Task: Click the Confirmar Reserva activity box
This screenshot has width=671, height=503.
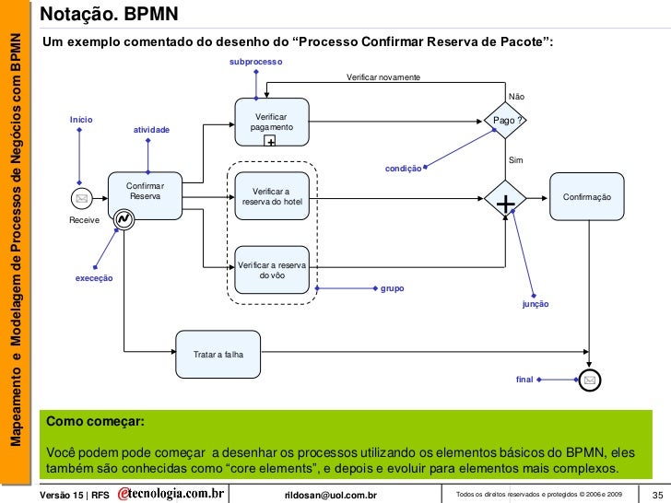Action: point(144,193)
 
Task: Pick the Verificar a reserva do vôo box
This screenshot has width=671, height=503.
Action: point(272,270)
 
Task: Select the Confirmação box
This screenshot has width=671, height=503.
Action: point(587,197)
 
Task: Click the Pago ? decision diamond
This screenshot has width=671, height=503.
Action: point(505,121)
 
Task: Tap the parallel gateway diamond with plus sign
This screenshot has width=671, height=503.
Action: point(505,198)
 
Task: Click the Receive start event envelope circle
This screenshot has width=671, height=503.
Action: point(81,198)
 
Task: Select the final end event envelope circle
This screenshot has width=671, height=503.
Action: point(588,379)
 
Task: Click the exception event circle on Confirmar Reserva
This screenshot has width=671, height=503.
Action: point(121,219)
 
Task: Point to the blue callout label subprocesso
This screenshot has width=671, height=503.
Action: point(255,61)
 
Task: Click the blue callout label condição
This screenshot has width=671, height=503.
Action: point(403,169)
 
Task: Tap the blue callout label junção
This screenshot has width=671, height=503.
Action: point(536,303)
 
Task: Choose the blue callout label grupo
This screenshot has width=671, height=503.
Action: point(392,287)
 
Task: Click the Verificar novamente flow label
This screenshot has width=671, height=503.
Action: point(383,76)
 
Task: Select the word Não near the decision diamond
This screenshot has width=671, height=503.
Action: point(516,97)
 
